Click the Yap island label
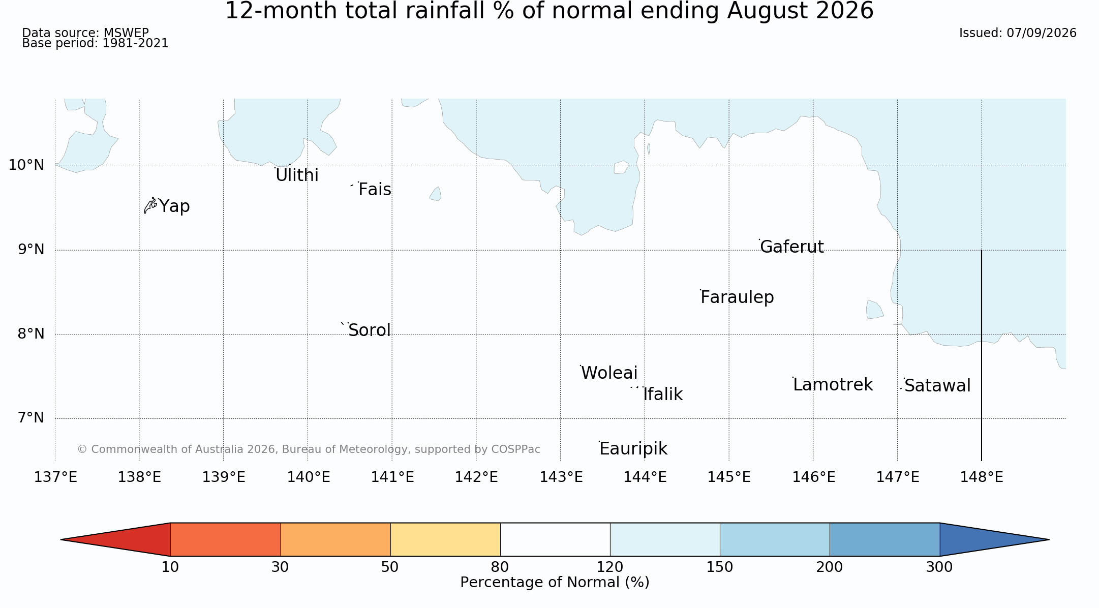tap(174, 206)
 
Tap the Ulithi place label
tap(297, 175)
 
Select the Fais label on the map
tap(375, 190)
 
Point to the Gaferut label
tap(791, 247)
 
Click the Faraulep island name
tap(737, 297)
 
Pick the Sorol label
tap(370, 330)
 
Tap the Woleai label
tap(609, 373)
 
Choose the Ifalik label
tap(663, 394)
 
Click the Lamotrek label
tap(833, 385)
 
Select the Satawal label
tap(937, 386)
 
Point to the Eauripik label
tap(633, 449)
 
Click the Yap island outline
tap(150, 205)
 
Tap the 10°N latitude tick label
tap(26, 165)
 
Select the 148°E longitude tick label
tap(982, 477)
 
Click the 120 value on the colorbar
tap(610, 567)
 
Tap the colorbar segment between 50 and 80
tap(445, 539)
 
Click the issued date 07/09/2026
tap(1042, 33)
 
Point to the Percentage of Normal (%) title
tap(555, 583)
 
